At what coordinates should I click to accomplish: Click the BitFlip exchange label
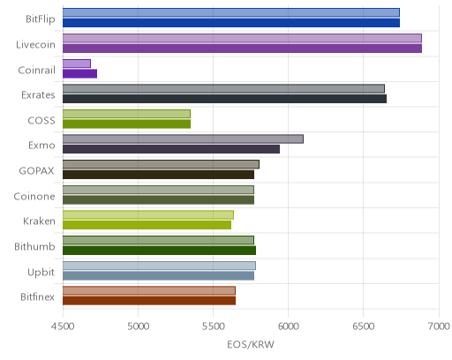[41, 19]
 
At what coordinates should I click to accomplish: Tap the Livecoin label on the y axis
[35, 45]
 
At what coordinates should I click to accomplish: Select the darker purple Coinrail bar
[79, 74]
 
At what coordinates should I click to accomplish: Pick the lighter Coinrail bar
[77, 64]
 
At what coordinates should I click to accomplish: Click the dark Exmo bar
[171, 149]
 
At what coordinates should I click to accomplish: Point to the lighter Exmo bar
[183, 139]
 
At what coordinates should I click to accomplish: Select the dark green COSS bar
[126, 124]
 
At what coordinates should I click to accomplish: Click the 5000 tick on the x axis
[139, 326]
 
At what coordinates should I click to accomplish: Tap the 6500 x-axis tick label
[364, 326]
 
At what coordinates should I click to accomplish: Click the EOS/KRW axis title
[251, 344]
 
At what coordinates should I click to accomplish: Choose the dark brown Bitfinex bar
[149, 301]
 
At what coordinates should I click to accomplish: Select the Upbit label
[41, 273]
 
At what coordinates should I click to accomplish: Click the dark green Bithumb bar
[159, 251]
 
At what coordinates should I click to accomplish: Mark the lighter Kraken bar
[148, 215]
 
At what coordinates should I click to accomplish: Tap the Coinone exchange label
[34, 197]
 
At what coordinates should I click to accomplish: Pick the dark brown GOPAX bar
[158, 175]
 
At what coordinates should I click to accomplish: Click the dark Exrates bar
[224, 99]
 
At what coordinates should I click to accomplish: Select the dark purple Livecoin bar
[242, 49]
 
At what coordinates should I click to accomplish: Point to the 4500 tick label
[63, 326]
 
